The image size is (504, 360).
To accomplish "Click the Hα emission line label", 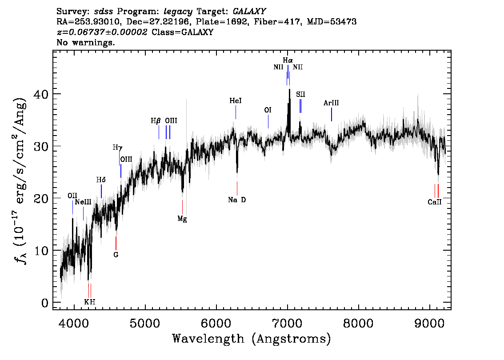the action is tap(288, 60).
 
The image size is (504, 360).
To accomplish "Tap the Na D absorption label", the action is tap(237, 200).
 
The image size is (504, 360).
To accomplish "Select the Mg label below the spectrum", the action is tap(182, 219).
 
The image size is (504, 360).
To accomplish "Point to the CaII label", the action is tap(435, 202).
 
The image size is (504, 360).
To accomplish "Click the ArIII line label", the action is tap(331, 103).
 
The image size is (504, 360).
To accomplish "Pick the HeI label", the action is tap(236, 101).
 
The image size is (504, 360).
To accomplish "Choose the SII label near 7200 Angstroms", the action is tap(300, 94).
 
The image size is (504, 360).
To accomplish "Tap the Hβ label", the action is tap(156, 121).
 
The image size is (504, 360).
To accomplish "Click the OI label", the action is tap(268, 110).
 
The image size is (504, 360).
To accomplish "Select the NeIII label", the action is tap(83, 202).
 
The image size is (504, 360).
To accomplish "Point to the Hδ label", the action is tap(101, 180).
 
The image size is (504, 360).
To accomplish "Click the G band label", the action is tap(116, 255).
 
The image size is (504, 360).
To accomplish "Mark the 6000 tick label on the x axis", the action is tap(216, 323).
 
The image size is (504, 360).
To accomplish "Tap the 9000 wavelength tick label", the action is tap(429, 323).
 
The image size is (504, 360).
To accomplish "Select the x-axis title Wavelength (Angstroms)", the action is tap(252, 339).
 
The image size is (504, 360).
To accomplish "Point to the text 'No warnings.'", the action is tap(85, 42).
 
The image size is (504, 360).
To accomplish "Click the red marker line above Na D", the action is tap(237, 188).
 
